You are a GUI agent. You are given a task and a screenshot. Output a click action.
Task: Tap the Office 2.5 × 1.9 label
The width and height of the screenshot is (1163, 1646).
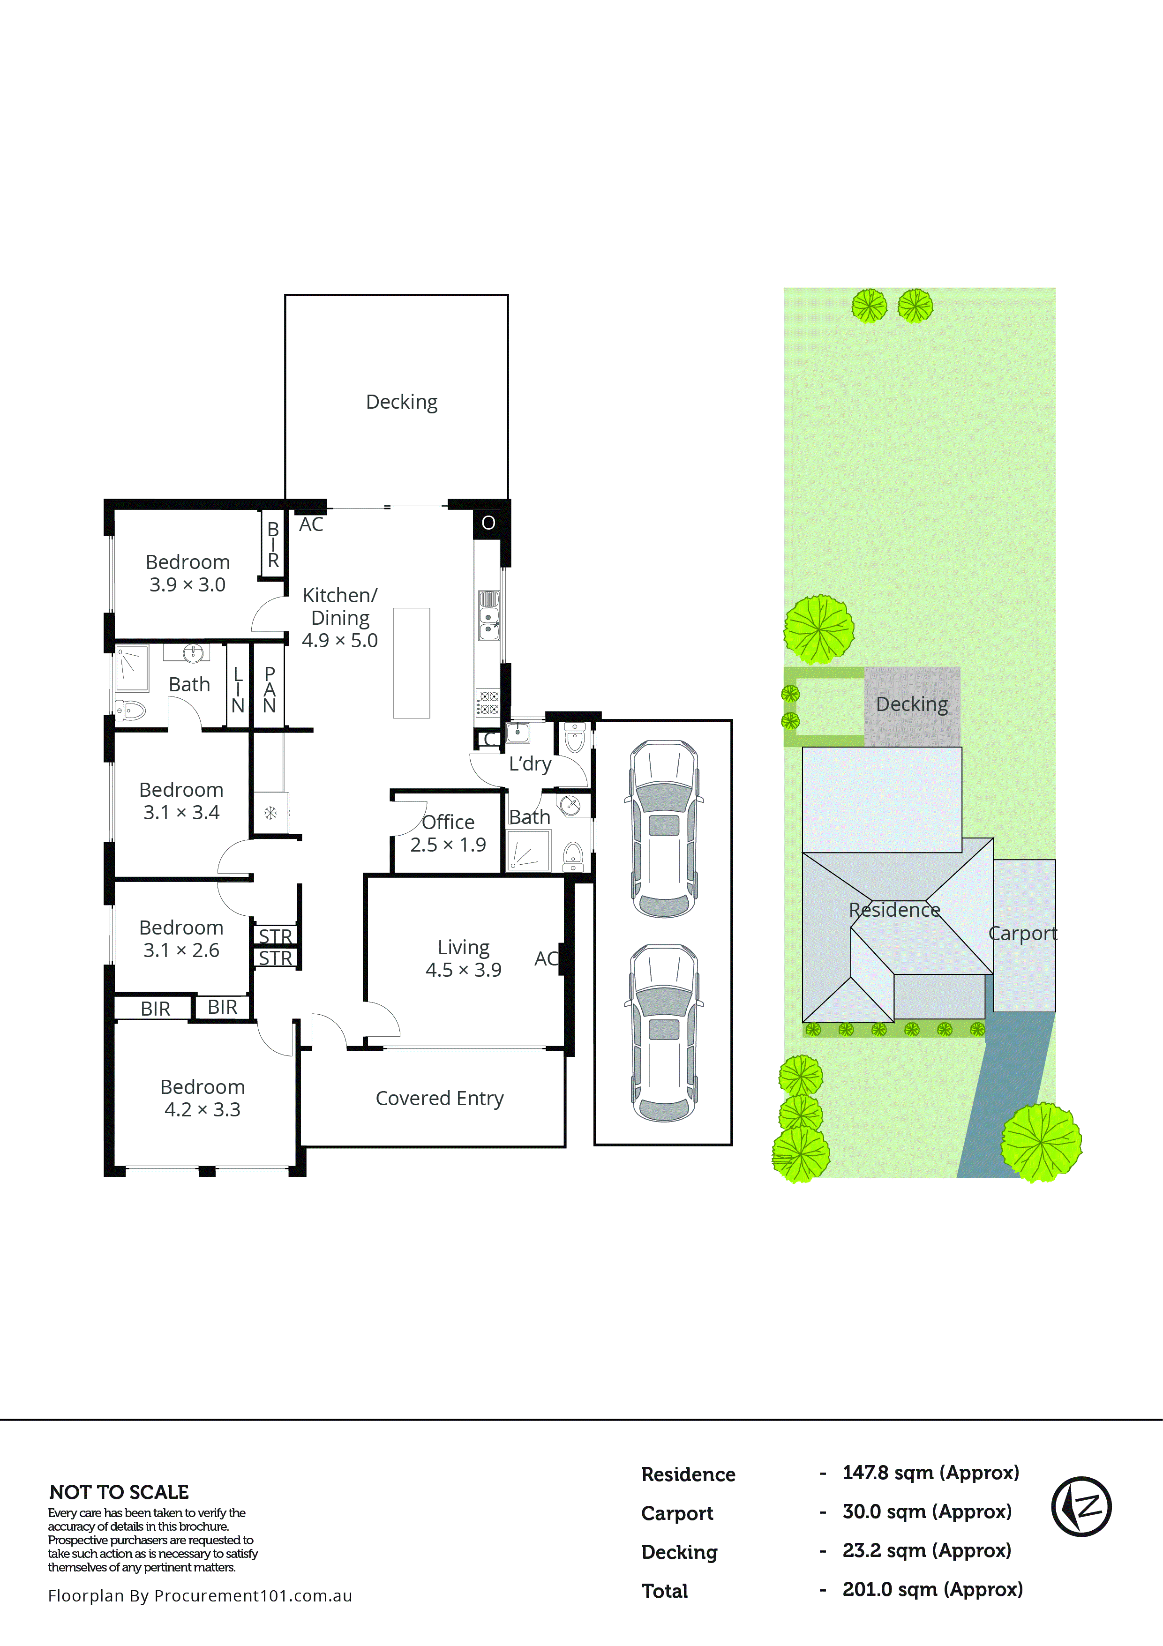pyautogui.click(x=448, y=833)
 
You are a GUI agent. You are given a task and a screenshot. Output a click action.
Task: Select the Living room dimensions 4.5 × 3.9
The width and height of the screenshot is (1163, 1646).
pyautogui.click(x=463, y=970)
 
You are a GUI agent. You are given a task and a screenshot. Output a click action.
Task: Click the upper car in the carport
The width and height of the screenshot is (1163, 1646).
pyautogui.click(x=664, y=829)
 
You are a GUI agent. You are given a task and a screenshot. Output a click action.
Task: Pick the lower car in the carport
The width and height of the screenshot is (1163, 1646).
pyautogui.click(x=664, y=1033)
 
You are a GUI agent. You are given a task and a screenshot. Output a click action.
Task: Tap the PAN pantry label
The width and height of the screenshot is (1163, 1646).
pyautogui.click(x=270, y=689)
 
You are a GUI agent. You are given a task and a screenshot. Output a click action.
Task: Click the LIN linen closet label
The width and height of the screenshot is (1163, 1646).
pyautogui.click(x=238, y=689)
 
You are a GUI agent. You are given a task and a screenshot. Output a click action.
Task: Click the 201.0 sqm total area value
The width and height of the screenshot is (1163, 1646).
pyautogui.click(x=932, y=1589)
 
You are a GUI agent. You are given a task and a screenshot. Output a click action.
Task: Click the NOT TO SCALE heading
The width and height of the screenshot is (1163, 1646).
pyautogui.click(x=119, y=1493)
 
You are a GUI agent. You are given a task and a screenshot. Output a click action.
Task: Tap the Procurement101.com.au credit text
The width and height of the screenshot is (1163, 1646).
pyautogui.click(x=200, y=1596)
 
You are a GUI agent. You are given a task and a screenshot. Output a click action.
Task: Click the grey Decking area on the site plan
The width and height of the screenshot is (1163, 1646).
pyautogui.click(x=911, y=705)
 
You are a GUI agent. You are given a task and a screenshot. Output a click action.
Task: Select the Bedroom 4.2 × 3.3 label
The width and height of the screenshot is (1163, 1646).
pyautogui.click(x=202, y=1098)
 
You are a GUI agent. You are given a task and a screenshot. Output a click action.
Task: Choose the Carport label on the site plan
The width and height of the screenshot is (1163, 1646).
pyautogui.click(x=1022, y=934)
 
